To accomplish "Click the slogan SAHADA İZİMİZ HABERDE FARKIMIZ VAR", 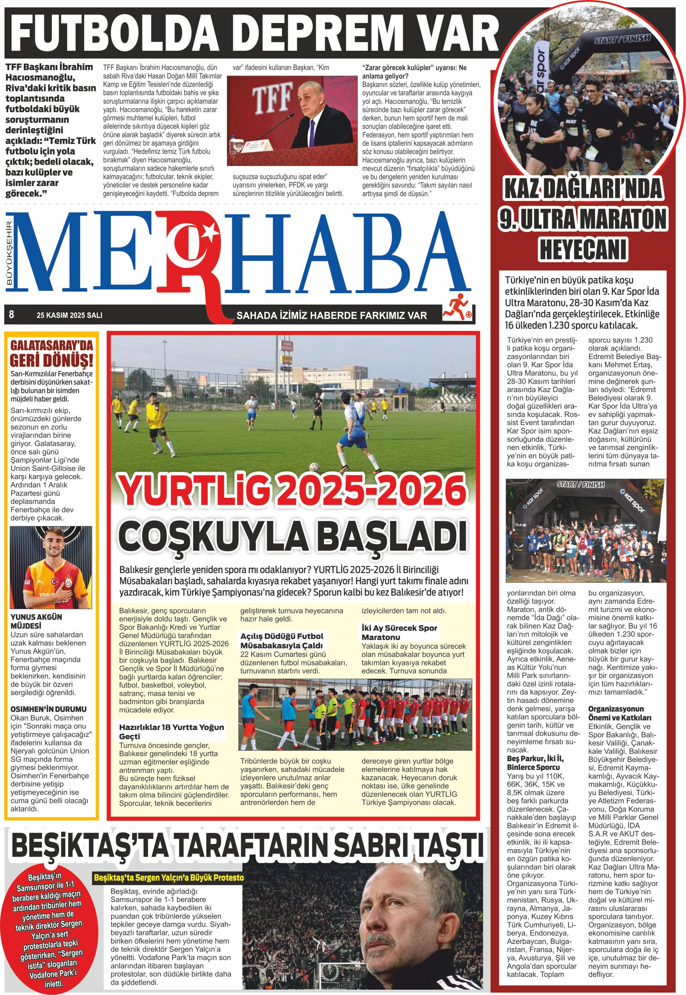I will tap(331, 316).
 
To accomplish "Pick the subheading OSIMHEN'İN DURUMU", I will tap(49, 709).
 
